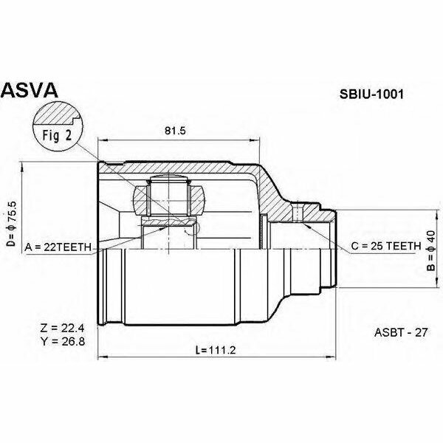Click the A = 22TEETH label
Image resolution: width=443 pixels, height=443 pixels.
tap(57, 247)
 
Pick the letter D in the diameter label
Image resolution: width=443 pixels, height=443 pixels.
tap(11, 243)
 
